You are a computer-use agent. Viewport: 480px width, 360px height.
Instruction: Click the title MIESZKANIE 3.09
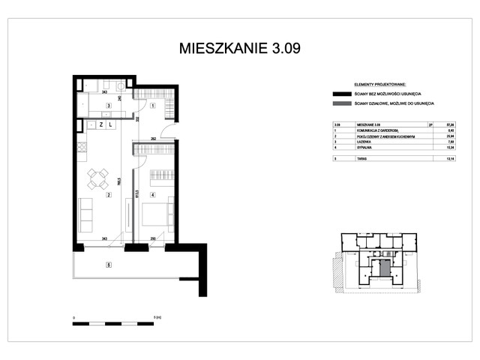(240, 49)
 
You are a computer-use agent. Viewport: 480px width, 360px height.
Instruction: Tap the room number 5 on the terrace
(109, 264)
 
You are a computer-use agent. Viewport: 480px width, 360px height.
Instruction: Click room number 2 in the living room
(109, 196)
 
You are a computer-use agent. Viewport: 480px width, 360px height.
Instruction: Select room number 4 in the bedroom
(152, 196)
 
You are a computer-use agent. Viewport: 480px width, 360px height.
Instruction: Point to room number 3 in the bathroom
(109, 106)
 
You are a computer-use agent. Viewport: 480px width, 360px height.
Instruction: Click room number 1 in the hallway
(152, 106)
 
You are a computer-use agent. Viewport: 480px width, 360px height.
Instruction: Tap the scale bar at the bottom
(112, 324)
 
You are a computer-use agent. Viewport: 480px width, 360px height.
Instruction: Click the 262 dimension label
(152, 139)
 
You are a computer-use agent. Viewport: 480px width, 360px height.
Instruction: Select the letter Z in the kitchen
(100, 125)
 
